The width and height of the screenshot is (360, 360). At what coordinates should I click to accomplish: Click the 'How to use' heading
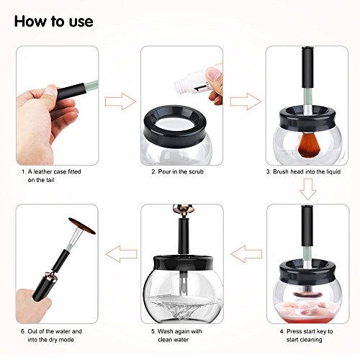(x=53, y=22)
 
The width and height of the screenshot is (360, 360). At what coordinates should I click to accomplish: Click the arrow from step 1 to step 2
(x=120, y=102)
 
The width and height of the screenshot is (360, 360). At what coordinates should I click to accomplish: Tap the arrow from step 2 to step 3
(x=246, y=102)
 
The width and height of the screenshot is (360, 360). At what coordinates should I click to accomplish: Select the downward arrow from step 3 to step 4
(x=308, y=189)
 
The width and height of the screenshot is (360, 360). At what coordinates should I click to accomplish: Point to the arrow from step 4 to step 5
(x=246, y=253)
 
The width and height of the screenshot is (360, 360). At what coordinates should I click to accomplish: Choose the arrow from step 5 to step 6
(x=122, y=253)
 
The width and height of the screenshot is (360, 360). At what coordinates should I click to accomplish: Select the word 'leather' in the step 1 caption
(x=42, y=171)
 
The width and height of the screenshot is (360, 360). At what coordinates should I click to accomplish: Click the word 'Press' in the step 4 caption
(x=294, y=331)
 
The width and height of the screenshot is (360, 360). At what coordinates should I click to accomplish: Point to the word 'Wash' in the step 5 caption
(x=165, y=331)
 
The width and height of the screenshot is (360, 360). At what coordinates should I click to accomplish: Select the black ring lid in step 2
(x=175, y=126)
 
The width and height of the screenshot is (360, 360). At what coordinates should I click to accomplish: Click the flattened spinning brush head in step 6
(x=82, y=226)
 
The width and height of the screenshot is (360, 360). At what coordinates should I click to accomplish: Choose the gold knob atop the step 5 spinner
(x=183, y=208)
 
